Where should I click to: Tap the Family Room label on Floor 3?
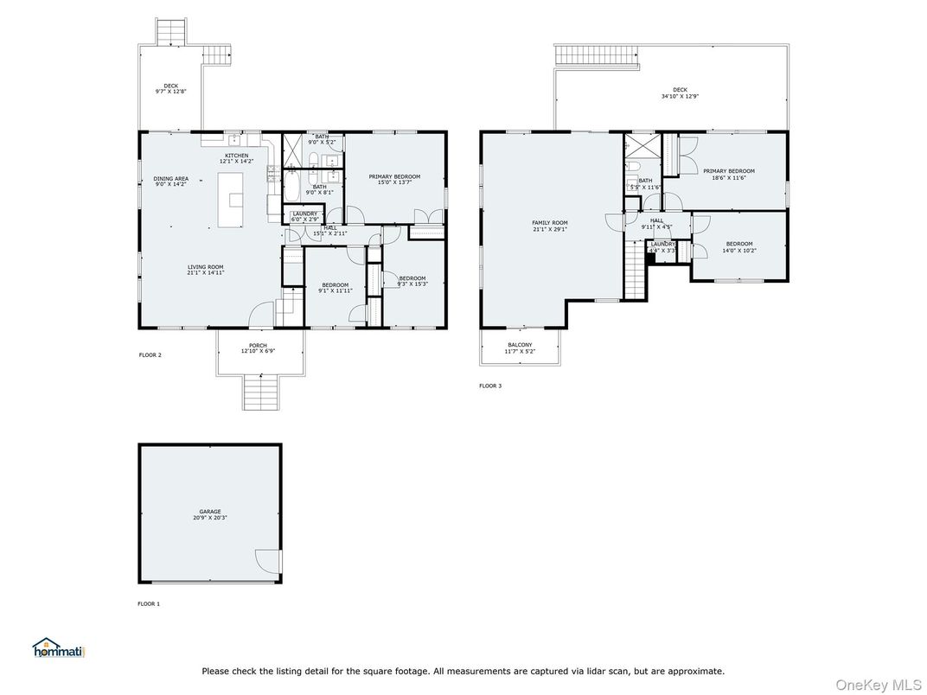[549, 226]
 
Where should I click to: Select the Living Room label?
[206, 270]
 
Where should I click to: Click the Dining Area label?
[171, 182]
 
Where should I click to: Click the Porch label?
[258, 348]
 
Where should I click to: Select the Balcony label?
[520, 347]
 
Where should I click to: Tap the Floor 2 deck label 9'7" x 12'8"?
[170, 88]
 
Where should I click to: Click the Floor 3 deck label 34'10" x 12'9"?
[680, 92]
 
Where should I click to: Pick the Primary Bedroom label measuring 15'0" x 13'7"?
[394, 179]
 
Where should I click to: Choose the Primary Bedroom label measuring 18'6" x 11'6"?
[728, 174]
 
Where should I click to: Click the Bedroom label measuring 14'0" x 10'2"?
[738, 246]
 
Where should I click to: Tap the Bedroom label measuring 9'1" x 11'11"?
[336, 288]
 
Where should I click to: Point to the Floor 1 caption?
[149, 603]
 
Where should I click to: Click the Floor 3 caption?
[489, 386]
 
